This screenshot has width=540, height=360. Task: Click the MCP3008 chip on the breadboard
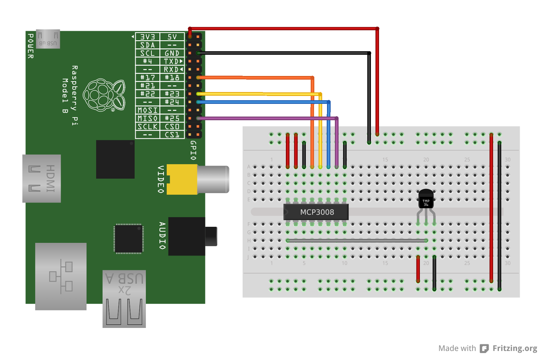pyautogui.click(x=316, y=212)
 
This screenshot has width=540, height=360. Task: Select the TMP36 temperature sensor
pyautogui.click(x=426, y=200)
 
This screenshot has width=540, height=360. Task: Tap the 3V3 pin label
pyautogui.click(x=147, y=37)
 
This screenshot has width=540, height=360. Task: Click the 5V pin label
pyautogui.click(x=172, y=37)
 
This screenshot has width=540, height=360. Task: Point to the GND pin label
pyautogui.click(x=172, y=53)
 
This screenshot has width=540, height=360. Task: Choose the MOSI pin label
pyautogui.click(x=147, y=110)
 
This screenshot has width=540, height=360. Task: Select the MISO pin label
pyautogui.click(x=147, y=118)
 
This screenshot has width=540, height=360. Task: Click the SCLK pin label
pyautogui.click(x=147, y=126)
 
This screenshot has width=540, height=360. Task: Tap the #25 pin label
pyautogui.click(x=172, y=118)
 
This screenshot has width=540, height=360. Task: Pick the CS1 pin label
pyautogui.click(x=172, y=135)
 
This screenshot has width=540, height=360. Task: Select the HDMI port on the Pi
pyautogui.click(x=42, y=178)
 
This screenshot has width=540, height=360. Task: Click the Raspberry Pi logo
pyautogui.click(x=104, y=95)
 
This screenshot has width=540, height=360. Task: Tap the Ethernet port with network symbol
pyautogui.click(x=61, y=276)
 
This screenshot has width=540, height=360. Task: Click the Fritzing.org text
pyautogui.click(x=515, y=348)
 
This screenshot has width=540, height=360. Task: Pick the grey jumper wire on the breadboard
pyautogui.click(x=356, y=240)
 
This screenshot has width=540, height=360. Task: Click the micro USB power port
pyautogui.click(x=48, y=39)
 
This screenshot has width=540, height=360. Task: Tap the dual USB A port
pyautogui.click(x=124, y=299)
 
